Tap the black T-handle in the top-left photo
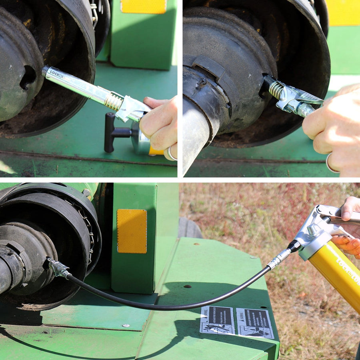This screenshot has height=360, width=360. (110, 132)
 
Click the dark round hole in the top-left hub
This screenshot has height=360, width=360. (28, 77)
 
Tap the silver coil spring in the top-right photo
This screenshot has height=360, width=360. (276, 90)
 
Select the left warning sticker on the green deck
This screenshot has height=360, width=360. (217, 320)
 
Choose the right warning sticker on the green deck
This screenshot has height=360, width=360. (255, 323)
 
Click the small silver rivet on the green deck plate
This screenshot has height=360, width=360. (126, 326)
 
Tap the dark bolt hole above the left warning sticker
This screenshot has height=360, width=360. (187, 286)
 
